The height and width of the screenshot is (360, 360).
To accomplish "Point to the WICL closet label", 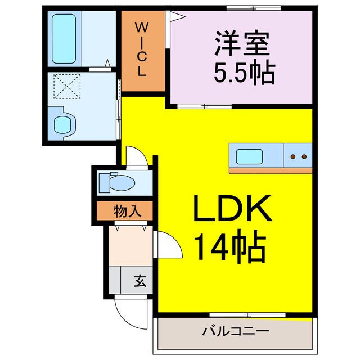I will pos(143,51).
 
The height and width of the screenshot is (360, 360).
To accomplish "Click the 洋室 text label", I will pos(242,43).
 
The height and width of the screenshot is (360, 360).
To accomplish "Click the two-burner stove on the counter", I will pos(298,156).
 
